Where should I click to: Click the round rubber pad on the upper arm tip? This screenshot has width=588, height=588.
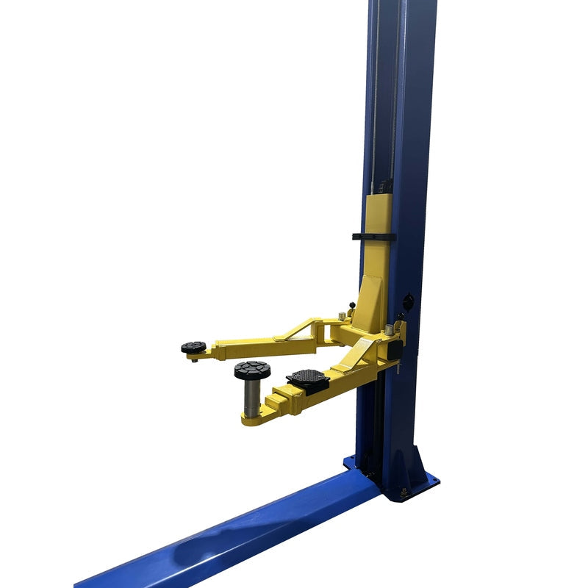(x=194, y=347)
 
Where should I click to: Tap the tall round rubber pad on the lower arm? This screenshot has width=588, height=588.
(x=252, y=370)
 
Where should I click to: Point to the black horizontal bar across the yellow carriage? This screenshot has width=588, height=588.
(x=373, y=237)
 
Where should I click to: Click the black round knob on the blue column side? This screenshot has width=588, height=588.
(x=408, y=301)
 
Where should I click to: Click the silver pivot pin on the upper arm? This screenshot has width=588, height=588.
(x=342, y=318)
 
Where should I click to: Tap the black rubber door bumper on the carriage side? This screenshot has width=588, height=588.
(x=395, y=350)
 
